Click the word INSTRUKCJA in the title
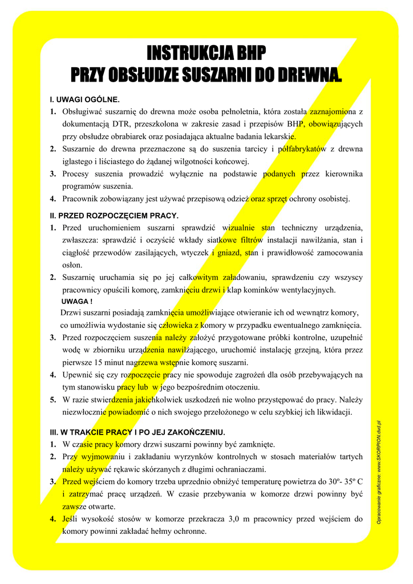183,54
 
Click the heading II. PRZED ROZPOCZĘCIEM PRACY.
114,216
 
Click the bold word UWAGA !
76,301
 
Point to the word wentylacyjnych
307,290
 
